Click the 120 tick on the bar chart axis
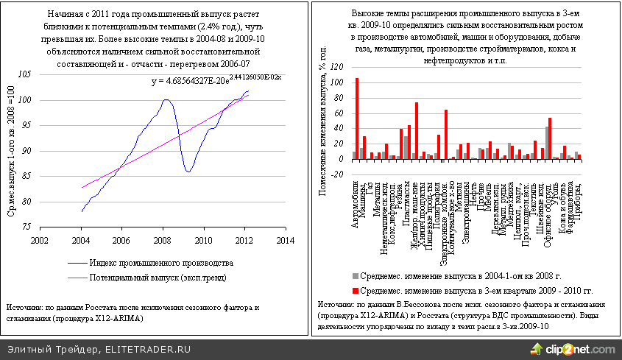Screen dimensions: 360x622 pyautogui.click(x=336, y=66)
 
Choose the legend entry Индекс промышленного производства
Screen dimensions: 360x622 pyautogui.click(x=161, y=263)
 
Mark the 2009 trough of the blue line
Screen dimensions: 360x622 pyautogui.click(x=188, y=172)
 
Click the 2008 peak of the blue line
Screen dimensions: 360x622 pyautogui.click(x=166, y=99)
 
